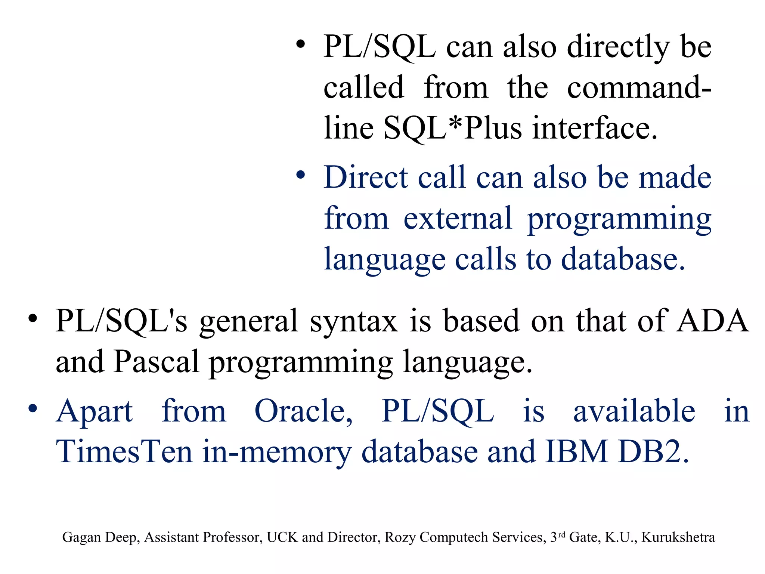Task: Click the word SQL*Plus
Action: (453, 128)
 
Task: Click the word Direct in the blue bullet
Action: (366, 178)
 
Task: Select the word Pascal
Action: (156, 362)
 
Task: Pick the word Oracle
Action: (303, 411)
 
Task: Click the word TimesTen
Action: (124, 452)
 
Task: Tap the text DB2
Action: (653, 452)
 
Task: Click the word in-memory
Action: (277, 453)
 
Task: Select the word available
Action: (634, 411)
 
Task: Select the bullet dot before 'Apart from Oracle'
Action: (33, 408)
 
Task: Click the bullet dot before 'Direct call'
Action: (301, 175)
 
